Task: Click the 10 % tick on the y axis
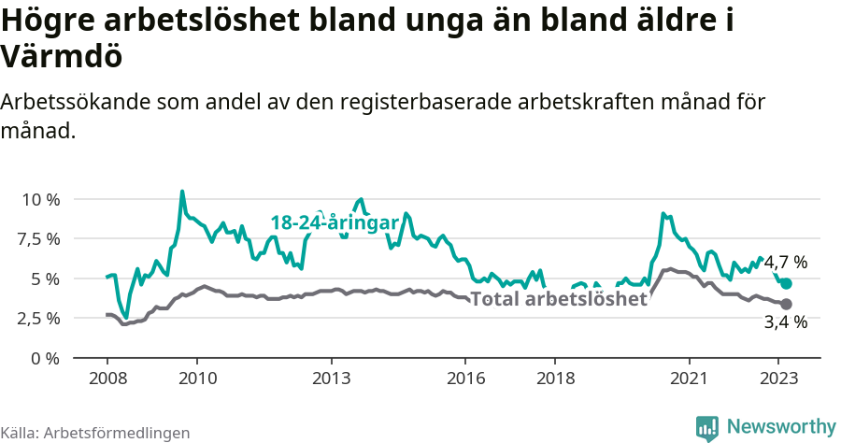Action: pos(39,199)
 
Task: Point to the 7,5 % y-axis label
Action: pos(39,238)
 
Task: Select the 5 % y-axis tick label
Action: pos(45,279)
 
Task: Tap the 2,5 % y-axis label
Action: pos(39,318)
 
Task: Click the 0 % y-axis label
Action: pos(45,358)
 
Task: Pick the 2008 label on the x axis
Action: pos(107,379)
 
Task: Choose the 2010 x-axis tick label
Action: pos(197,379)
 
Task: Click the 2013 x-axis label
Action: pos(332,379)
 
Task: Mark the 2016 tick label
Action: pos(465,379)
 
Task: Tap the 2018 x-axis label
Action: pos(555,379)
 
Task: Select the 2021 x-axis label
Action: pos(690,379)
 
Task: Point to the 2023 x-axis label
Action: pos(778,379)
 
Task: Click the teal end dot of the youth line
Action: pos(786,283)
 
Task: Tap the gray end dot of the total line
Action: pos(786,304)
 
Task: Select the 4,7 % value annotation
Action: pos(786,263)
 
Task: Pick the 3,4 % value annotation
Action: pos(786,323)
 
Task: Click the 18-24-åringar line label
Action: pos(335,222)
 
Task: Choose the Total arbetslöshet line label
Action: pos(559,299)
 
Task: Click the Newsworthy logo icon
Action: pos(707,427)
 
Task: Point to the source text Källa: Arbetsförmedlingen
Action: pos(95,433)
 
